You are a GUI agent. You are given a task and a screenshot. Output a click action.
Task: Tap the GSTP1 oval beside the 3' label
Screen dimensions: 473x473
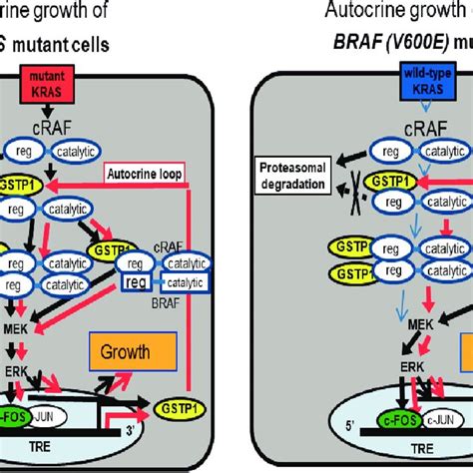point(175,406)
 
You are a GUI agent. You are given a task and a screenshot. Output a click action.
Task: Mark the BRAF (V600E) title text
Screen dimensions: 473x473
point(399,44)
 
